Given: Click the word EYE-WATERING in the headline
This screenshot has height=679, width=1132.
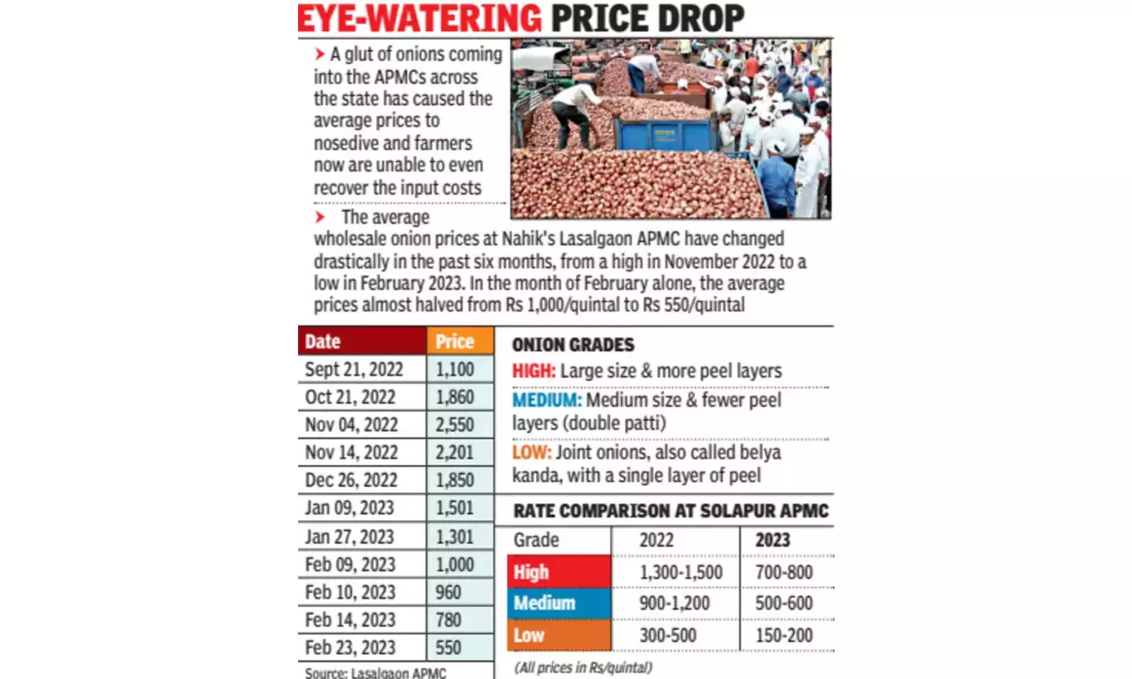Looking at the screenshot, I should (x=420, y=18).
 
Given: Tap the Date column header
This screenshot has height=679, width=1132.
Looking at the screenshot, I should (x=323, y=342).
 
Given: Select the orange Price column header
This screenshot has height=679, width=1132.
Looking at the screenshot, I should (x=455, y=342).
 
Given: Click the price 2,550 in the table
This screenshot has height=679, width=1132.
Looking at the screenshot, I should (x=455, y=425).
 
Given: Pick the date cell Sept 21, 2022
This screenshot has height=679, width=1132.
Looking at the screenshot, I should (x=354, y=370).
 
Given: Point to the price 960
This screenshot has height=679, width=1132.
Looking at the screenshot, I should (x=448, y=592).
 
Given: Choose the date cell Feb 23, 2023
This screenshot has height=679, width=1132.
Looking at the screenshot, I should (x=350, y=647).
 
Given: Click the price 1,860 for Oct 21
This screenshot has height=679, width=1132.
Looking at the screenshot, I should (x=455, y=397).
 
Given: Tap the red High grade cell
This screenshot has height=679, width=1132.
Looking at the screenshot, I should (x=558, y=572).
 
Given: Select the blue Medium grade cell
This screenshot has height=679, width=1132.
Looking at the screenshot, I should (x=558, y=603).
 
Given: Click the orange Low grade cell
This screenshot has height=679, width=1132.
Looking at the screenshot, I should (x=558, y=635).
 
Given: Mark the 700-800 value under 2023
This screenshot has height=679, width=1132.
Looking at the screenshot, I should (x=784, y=573).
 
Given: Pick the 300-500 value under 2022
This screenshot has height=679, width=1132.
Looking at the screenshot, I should (x=668, y=635).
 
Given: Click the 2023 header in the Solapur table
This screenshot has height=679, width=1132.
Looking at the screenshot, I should (x=773, y=540).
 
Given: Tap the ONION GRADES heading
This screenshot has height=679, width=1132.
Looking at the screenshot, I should (x=574, y=345).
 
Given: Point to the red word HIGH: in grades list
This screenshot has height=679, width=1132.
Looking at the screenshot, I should (x=534, y=371).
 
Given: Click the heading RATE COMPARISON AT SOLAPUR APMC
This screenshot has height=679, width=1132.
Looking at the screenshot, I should (x=671, y=512).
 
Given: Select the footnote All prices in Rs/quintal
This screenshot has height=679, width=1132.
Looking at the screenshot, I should (x=583, y=668).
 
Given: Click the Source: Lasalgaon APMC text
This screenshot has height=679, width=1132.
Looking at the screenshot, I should (x=375, y=672).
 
